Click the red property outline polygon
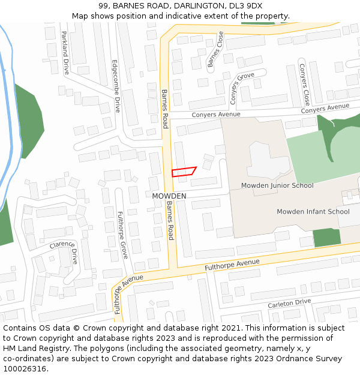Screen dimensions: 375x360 pos(184,172)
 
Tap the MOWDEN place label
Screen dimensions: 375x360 pos(169,196)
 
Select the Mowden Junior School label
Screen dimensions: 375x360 pos(277,185)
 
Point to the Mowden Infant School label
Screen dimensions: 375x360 pos(313,211)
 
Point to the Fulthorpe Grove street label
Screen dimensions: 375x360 pos(122,235)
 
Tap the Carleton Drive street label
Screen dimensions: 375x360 pos(289,304)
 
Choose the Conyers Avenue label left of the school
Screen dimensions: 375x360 pos(215,115)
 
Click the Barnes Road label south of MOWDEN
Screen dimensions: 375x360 pos(170,220)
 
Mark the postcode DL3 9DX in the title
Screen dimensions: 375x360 pos(246,5)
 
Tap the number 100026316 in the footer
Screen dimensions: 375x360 pos(24,369)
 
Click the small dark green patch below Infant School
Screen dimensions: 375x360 pos(327,238)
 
